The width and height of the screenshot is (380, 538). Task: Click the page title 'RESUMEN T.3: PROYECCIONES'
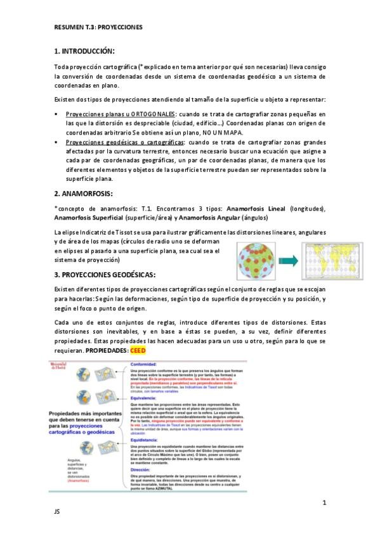[x=98, y=28]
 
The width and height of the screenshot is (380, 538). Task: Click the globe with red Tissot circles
[x=256, y=258]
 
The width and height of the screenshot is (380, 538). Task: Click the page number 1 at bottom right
[x=324, y=503]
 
